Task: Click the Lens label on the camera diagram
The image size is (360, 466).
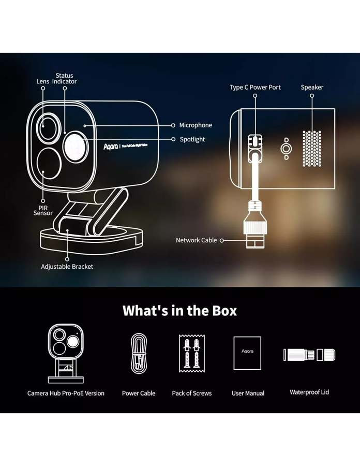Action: [43, 81]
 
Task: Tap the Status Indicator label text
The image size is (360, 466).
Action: [65, 78]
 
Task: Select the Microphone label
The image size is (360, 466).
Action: [196, 125]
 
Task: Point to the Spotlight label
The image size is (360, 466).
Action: [192, 139]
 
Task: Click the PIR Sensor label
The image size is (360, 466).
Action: [43, 210]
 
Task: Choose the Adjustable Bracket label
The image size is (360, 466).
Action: [67, 267]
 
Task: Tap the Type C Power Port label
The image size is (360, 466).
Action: [255, 88]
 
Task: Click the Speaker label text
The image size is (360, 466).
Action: [312, 88]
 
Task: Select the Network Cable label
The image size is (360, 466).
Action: [196, 240]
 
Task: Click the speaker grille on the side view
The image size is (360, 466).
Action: [312, 148]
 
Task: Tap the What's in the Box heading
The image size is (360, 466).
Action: [179, 311]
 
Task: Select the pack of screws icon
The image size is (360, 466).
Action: [191, 352]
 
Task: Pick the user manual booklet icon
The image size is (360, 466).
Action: [247, 353]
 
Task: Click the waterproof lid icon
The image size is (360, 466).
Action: [309, 355]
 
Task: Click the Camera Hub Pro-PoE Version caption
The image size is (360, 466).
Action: [66, 394]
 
